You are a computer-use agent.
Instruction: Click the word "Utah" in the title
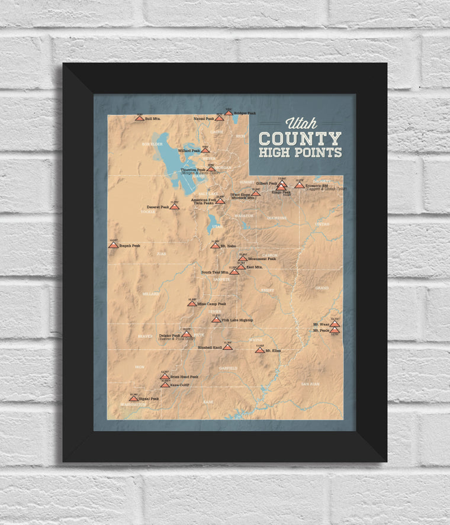[301, 124]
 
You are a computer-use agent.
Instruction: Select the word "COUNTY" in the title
[300, 139]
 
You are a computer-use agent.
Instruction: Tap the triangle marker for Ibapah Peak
[113, 245]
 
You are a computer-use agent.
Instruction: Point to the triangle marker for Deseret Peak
[174, 207]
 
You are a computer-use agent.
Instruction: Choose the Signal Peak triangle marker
[133, 399]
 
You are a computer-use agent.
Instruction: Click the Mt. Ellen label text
[273, 351]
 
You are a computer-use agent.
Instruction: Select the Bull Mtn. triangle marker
[139, 118]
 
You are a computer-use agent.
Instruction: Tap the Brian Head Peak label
[184, 376]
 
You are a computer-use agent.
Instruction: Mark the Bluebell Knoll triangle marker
[227, 347]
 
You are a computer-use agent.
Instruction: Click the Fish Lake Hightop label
[237, 320]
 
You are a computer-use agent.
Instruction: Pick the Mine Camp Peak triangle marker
[192, 304]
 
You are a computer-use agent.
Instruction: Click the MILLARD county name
[150, 294]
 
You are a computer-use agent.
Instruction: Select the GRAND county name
[322, 288]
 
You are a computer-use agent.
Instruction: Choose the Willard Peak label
[189, 150]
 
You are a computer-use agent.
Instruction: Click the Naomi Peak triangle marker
[219, 118]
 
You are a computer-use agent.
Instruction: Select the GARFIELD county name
[228, 368]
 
